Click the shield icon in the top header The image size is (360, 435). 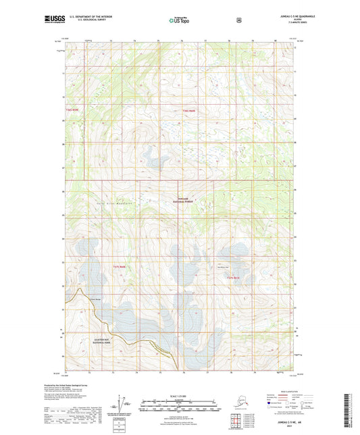click(x=238, y=20)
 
